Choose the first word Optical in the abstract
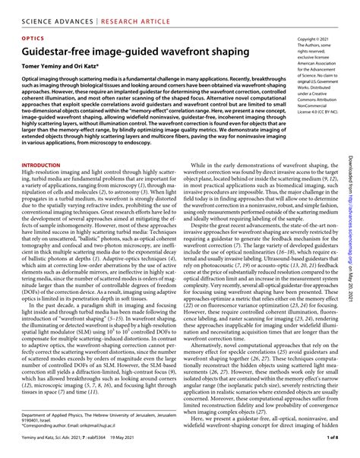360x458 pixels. click(x=32, y=77)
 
